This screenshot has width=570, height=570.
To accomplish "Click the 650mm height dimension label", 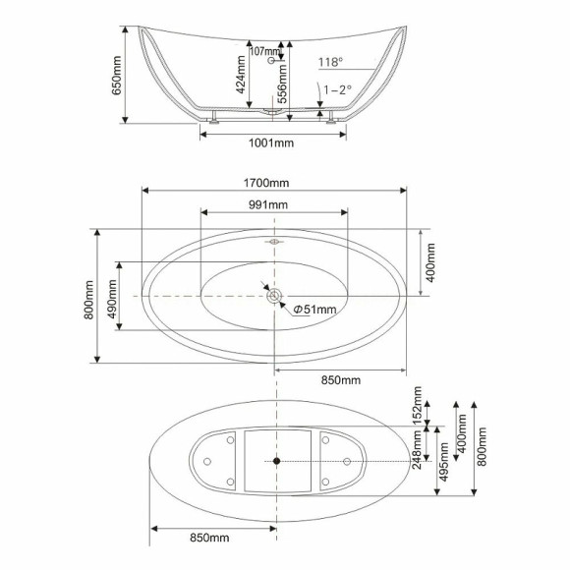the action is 116,76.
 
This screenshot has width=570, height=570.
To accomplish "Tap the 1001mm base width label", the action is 271,142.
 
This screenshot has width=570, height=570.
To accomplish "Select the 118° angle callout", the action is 331,62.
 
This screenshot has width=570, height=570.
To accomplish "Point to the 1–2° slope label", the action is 338,89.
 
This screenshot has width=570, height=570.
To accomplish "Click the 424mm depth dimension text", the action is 241,74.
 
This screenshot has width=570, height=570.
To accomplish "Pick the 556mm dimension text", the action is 282,84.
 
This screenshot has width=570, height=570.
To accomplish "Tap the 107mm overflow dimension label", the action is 265,51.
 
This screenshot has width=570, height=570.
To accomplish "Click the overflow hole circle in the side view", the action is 271,60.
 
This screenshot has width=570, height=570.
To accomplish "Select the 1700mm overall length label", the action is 266,183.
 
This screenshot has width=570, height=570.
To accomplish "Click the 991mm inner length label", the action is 268,204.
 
